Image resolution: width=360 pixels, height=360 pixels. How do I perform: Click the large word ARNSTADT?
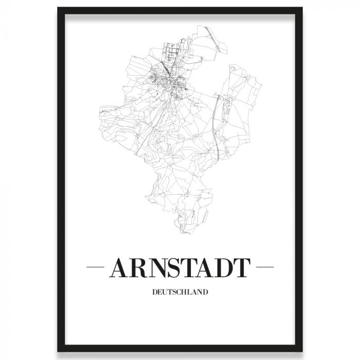coord(180,268)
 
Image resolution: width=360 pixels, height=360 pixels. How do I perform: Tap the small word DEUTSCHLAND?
coord(180,293)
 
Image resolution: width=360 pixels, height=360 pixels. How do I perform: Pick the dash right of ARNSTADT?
coord(265,268)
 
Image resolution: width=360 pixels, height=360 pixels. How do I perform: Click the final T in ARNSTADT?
coord(242,268)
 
